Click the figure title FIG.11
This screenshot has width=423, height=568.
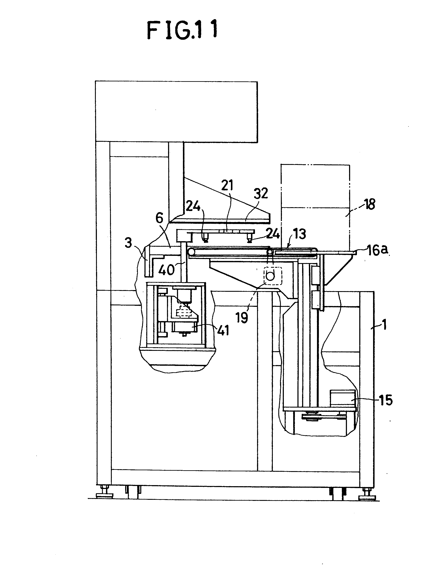click(x=182, y=30)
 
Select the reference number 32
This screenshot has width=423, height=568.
click(x=260, y=193)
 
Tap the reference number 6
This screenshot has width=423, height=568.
click(x=159, y=218)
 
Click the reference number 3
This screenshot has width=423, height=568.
click(x=128, y=243)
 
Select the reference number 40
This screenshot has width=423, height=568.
click(x=166, y=270)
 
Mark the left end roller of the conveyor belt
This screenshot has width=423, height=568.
click(x=191, y=252)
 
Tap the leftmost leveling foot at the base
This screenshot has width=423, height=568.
click(x=105, y=494)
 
